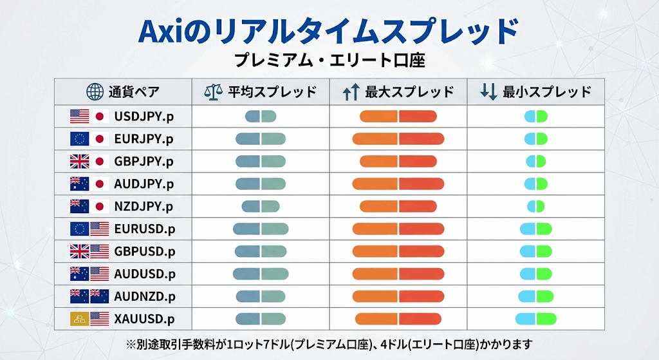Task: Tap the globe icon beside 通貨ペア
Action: (x=95, y=91)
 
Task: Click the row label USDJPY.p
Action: (x=144, y=117)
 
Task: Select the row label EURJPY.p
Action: (x=144, y=139)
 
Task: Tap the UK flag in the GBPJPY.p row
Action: (x=80, y=162)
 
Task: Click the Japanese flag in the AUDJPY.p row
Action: (x=99, y=184)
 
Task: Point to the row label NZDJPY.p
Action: (x=144, y=207)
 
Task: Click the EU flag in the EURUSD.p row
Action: (x=80, y=229)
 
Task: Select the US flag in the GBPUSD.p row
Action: (x=99, y=251)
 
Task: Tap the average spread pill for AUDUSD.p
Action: (x=261, y=274)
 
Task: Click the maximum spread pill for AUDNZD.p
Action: (x=398, y=296)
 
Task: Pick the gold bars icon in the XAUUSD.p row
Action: (x=80, y=319)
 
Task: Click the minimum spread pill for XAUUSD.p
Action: (x=535, y=319)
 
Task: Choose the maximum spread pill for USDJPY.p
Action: (x=398, y=117)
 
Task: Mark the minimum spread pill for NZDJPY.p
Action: (x=535, y=207)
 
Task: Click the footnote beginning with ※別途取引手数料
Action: (x=329, y=344)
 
